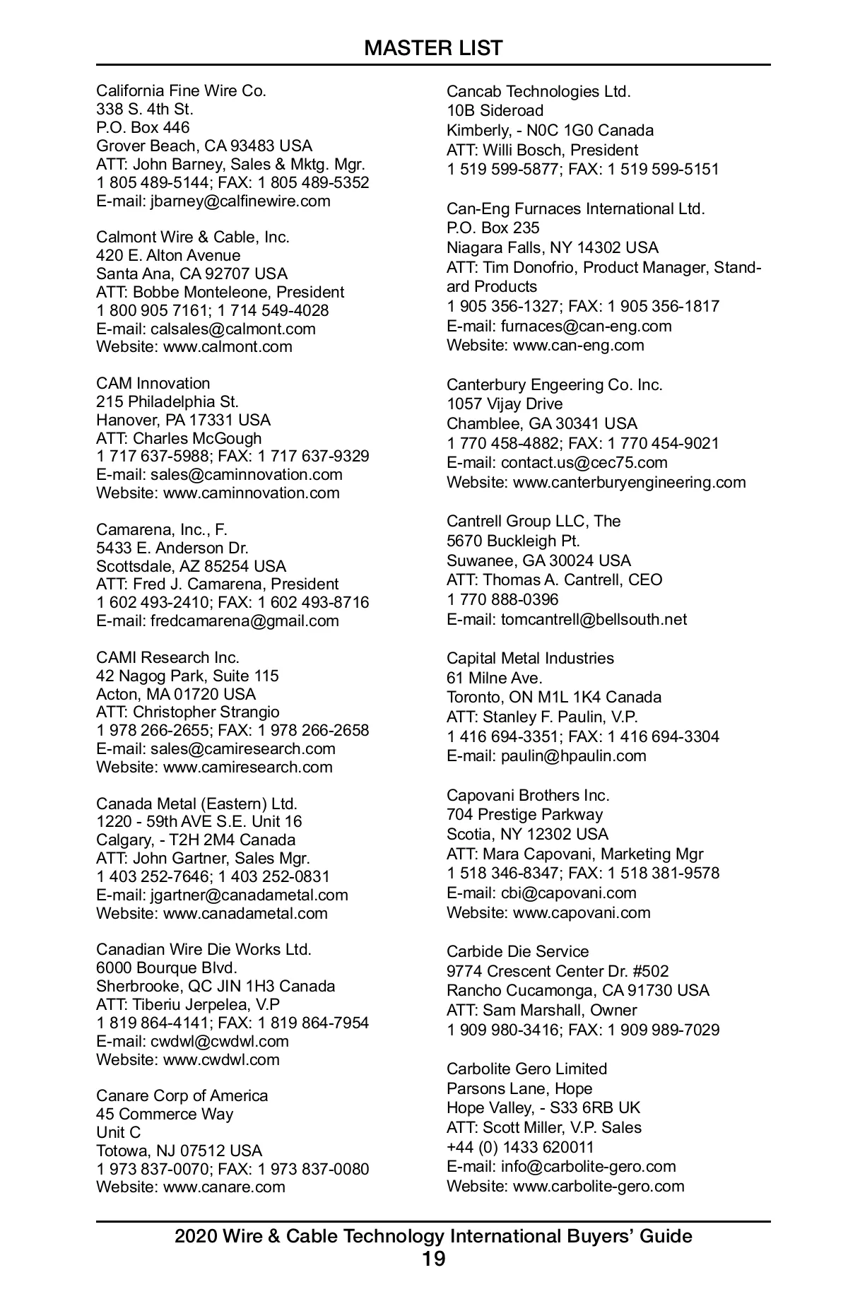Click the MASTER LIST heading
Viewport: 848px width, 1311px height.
click(x=433, y=48)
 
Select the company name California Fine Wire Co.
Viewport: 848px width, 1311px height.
click(x=181, y=90)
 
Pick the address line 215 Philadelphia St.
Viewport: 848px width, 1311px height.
click(x=167, y=401)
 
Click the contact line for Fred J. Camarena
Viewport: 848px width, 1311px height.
click(x=218, y=584)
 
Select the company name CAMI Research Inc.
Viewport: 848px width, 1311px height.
click(x=167, y=657)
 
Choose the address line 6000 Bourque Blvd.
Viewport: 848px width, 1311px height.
click(x=167, y=968)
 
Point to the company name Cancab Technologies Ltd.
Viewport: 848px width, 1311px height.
click(x=538, y=91)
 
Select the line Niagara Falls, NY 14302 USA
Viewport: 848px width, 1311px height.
click(x=552, y=247)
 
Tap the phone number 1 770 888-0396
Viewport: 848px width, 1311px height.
click(x=502, y=599)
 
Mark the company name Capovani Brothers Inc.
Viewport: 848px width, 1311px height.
click(x=528, y=795)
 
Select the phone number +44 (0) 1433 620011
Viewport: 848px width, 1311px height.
click(x=520, y=1146)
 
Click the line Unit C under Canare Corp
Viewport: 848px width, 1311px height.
click(x=119, y=1132)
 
